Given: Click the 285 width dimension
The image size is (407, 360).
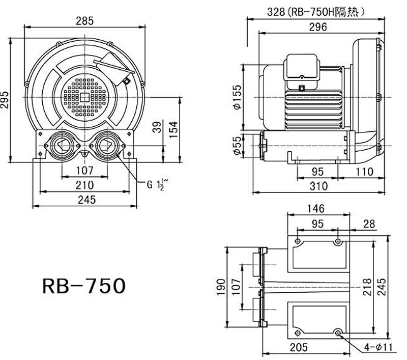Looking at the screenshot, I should (84, 21).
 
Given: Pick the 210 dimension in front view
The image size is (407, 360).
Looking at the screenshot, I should (84, 184).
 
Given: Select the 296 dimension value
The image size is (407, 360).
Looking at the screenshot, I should (318, 27).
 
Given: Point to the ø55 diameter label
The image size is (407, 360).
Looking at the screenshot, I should (237, 146).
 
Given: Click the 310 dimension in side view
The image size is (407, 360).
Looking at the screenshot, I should (318, 186).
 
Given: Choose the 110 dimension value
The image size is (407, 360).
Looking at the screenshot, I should (364, 172).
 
